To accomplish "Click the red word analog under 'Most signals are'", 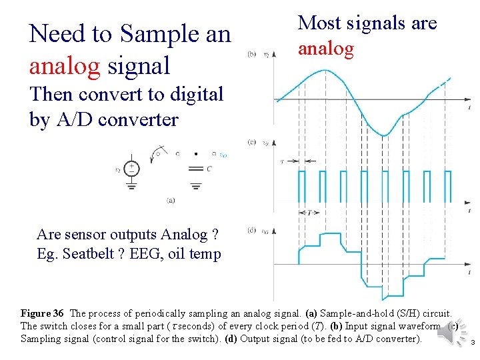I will coord(325,49).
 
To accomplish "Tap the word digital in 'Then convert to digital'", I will coord(190,94).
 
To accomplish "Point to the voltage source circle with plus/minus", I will coord(132,169).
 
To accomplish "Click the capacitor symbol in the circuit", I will coord(195,167).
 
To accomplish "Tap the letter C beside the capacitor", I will coord(209,169).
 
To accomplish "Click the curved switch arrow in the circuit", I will coord(159,150).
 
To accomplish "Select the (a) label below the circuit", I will coord(171,199).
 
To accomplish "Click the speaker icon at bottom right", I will coord(448,337).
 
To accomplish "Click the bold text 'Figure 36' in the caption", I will coord(42,313).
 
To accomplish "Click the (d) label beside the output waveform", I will coord(251,231).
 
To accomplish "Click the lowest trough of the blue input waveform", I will coord(384,135).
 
